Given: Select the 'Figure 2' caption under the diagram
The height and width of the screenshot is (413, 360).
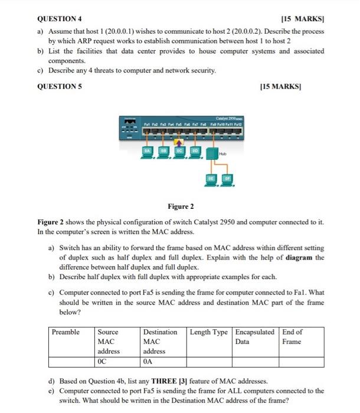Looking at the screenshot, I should (x=180, y=206).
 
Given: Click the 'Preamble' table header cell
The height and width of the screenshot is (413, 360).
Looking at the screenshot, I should (x=66, y=332).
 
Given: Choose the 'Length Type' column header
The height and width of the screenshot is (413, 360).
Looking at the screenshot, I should (x=209, y=332).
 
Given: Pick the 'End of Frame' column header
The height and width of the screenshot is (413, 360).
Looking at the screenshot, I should (x=293, y=337).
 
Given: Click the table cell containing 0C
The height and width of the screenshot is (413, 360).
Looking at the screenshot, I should (x=117, y=362).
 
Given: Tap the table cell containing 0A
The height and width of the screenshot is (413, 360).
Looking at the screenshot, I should (x=163, y=362).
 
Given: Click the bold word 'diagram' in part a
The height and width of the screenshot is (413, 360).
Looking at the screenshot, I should (x=300, y=257).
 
